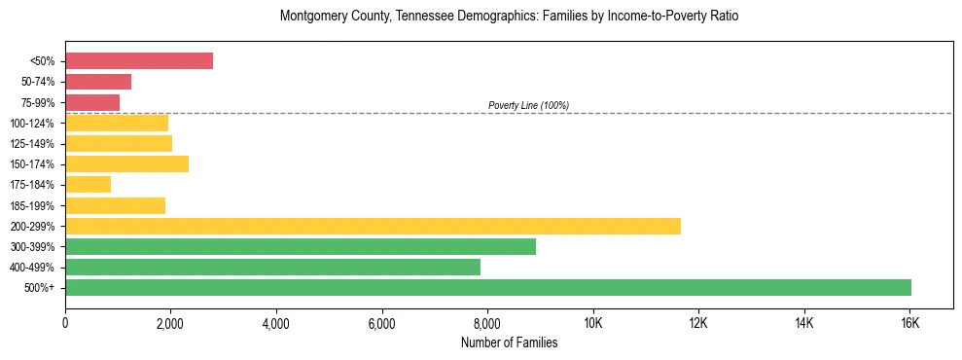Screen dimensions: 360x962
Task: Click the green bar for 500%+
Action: tap(488, 287)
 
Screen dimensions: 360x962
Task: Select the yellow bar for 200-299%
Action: tap(373, 226)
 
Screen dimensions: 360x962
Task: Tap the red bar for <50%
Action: tap(139, 61)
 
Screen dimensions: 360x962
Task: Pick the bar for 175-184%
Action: tap(88, 185)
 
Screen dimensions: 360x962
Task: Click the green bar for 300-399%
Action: tap(301, 246)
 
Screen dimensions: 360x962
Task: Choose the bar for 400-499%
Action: tap(272, 267)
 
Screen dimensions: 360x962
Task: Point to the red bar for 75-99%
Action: tap(92, 102)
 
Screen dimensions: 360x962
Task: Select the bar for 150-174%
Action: tap(126, 164)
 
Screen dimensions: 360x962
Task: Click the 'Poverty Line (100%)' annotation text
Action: tap(528, 105)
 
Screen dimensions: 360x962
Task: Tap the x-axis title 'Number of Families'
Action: tap(509, 342)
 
